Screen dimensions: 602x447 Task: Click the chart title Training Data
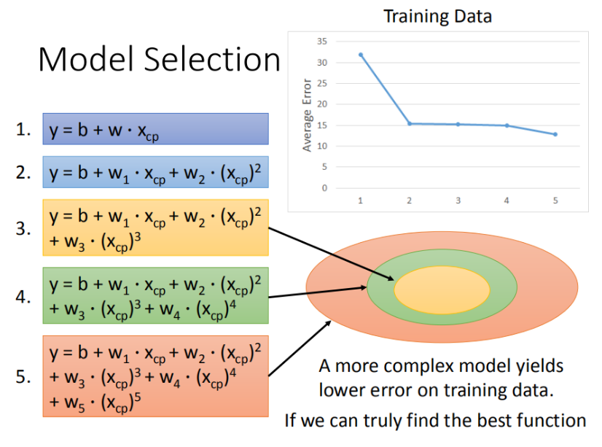[x=438, y=17]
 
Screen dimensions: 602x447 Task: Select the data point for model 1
[x=361, y=55]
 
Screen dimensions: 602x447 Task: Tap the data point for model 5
[x=555, y=134]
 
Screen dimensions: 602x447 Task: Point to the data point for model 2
[x=410, y=124]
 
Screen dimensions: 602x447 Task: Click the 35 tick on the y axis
[x=321, y=42]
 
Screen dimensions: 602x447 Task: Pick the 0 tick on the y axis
[x=324, y=188]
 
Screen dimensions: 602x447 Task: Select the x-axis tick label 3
[x=458, y=201]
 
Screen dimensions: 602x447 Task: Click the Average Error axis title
[x=307, y=115]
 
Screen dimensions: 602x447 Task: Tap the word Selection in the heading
[x=212, y=60]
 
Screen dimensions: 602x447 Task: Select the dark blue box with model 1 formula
[x=155, y=129]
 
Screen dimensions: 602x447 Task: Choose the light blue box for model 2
[x=155, y=172]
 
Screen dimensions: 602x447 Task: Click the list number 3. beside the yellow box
[x=23, y=229]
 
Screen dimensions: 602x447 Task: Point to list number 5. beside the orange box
[x=23, y=377]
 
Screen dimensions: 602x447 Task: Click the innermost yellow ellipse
[x=442, y=290]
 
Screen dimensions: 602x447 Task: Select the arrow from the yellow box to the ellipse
[x=332, y=254]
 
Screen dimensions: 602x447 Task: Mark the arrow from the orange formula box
[x=300, y=349]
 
